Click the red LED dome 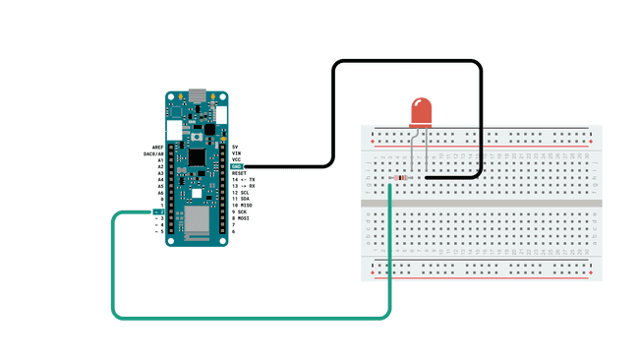click(x=421, y=111)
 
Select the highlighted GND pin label click(x=237, y=166)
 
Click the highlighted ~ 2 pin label click(x=157, y=211)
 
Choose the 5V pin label click(x=236, y=147)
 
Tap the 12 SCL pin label click(x=243, y=192)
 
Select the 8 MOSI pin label click(x=243, y=217)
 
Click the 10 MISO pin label click(x=243, y=205)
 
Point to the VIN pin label click(x=236, y=153)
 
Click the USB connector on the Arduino click(x=198, y=95)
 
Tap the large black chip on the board click(x=198, y=157)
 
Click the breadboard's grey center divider click(x=482, y=203)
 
